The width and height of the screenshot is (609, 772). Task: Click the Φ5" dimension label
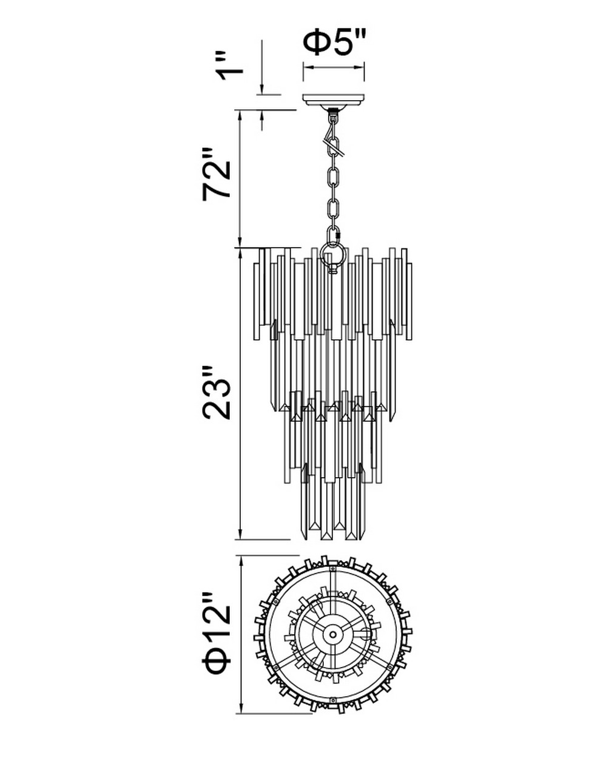pos(335,42)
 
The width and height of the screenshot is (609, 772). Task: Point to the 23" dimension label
pos(217,393)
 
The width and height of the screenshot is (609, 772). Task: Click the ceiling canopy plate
pos(334,100)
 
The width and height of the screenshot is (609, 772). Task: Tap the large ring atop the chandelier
pos(333,254)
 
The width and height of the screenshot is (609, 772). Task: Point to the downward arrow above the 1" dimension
pos(262,67)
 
